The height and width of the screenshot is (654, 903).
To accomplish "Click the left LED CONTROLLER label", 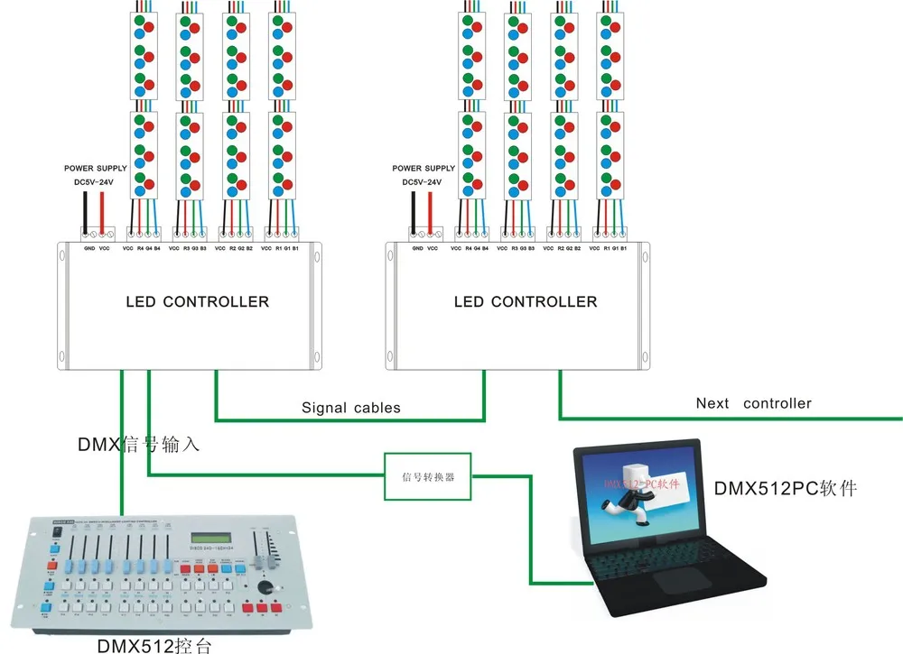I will (197, 301).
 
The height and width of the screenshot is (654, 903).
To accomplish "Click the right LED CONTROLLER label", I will (526, 301).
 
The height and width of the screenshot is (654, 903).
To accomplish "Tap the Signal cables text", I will (350, 408).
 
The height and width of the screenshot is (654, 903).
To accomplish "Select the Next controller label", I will (753, 403).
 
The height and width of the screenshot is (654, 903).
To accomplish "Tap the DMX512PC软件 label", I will (785, 489).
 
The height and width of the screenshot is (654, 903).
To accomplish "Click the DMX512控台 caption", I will (155, 644).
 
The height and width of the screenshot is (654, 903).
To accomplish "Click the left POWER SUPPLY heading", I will (96, 169).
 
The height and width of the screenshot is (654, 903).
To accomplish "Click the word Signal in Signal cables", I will (323, 408).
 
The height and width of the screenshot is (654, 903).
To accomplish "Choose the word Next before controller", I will (712, 403).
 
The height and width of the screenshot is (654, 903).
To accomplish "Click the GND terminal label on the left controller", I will (89, 247).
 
